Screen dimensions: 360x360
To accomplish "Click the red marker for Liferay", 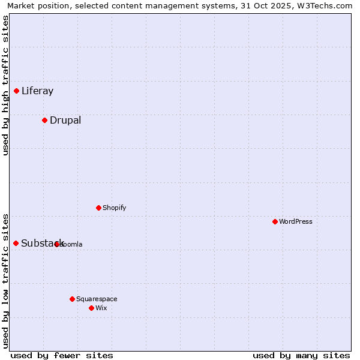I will pyautogui.click(x=16, y=91).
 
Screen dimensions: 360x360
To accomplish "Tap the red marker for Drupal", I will pyautogui.click(x=44, y=120).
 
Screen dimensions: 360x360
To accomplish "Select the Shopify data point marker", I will pyautogui.click(x=98, y=208).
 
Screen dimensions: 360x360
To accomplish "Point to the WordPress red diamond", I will pyautogui.click(x=275, y=221).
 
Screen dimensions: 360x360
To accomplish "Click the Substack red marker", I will pyautogui.click(x=16, y=243).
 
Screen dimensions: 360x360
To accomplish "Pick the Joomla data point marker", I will pyautogui.click(x=57, y=244).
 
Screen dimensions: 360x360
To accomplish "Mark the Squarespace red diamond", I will pyautogui.click(x=72, y=299).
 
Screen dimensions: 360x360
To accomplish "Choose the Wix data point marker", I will pyautogui.click(x=91, y=308).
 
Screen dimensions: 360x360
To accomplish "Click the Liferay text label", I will pyautogui.click(x=37, y=91).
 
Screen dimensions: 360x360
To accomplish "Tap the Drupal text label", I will pyautogui.click(x=65, y=120).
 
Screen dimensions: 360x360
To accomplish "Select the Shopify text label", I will pyautogui.click(x=114, y=208).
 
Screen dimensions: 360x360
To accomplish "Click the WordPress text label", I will pyautogui.click(x=296, y=221).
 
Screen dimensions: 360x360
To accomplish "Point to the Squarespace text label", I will pyautogui.click(x=97, y=299).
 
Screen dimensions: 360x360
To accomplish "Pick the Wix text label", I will pyautogui.click(x=101, y=308).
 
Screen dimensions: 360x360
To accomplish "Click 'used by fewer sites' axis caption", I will pyautogui.click(x=62, y=355).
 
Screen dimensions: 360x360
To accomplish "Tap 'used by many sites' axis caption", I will pyautogui.click(x=301, y=355).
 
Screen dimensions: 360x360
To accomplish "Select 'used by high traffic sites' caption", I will pyautogui.click(x=5, y=85).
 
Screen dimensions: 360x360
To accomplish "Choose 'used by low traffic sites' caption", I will pyautogui.click(x=5, y=280).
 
